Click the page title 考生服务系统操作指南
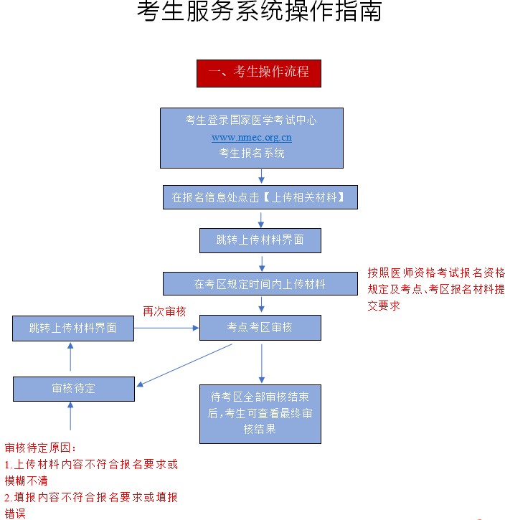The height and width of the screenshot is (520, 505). click(x=259, y=12)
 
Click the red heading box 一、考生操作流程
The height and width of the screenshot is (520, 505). click(x=258, y=72)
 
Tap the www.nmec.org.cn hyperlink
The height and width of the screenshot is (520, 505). click(x=251, y=137)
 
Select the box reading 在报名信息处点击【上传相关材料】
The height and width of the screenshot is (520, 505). click(x=260, y=197)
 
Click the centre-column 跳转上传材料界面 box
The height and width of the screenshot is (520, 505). click(x=260, y=240)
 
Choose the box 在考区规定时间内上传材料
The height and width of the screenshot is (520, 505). click(x=260, y=284)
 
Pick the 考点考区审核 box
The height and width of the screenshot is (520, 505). click(x=260, y=327)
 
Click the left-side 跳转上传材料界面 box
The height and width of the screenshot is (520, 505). click(x=73, y=328)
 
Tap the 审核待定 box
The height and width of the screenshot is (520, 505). click(x=73, y=389)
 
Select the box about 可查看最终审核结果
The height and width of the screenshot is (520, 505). click(x=260, y=414)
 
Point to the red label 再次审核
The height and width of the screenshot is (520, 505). click(x=164, y=311)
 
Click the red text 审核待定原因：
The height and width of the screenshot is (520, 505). click(x=40, y=448)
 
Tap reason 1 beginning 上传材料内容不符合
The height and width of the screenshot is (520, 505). click(x=91, y=472)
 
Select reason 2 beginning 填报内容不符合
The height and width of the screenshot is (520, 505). click(x=91, y=504)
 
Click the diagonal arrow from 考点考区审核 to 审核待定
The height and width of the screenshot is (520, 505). click(x=185, y=365)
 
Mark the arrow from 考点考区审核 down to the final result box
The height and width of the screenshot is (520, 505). click(x=261, y=362)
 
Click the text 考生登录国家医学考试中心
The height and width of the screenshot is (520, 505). click(x=251, y=120)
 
